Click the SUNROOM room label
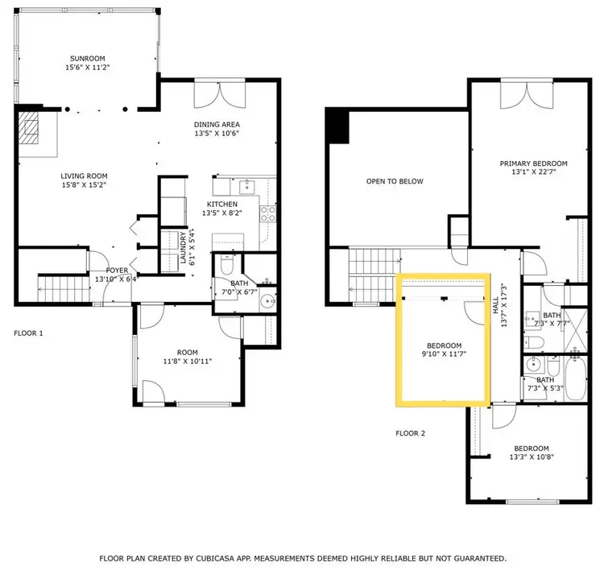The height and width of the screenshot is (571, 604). click(x=88, y=59)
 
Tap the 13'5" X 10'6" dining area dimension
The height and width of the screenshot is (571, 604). click(x=217, y=134)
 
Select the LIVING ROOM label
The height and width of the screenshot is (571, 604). click(x=84, y=176)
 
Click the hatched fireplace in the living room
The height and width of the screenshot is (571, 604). click(x=28, y=127)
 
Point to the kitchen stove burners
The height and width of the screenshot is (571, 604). click(x=268, y=214)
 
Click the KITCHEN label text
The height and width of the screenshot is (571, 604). click(x=222, y=205)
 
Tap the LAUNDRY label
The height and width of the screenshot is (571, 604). click(x=184, y=247)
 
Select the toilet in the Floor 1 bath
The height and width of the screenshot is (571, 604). click(x=226, y=263)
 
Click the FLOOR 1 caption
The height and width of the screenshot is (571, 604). click(x=28, y=333)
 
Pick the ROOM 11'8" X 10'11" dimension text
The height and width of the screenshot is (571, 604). click(x=188, y=362)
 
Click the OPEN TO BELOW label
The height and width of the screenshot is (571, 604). click(x=395, y=181)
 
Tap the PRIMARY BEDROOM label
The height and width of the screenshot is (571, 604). click(x=533, y=163)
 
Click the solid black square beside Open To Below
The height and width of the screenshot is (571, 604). click(x=337, y=126)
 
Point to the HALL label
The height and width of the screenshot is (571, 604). click(x=495, y=305)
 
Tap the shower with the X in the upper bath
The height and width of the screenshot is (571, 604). click(x=576, y=330)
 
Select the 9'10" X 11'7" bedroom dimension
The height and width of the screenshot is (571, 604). click(x=444, y=354)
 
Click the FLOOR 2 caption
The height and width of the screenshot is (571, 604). click(x=410, y=433)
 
